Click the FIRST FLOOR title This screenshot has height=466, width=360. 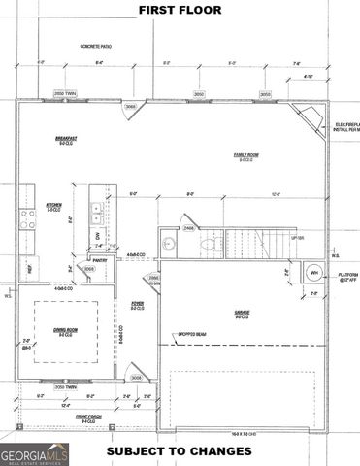tap(180, 10)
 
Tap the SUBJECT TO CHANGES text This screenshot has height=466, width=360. tap(180, 452)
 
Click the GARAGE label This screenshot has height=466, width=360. tap(242, 312)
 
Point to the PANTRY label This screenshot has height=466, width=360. tap(100, 260)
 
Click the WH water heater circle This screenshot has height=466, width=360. tap(313, 273)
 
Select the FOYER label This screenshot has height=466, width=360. tap(137, 308)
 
